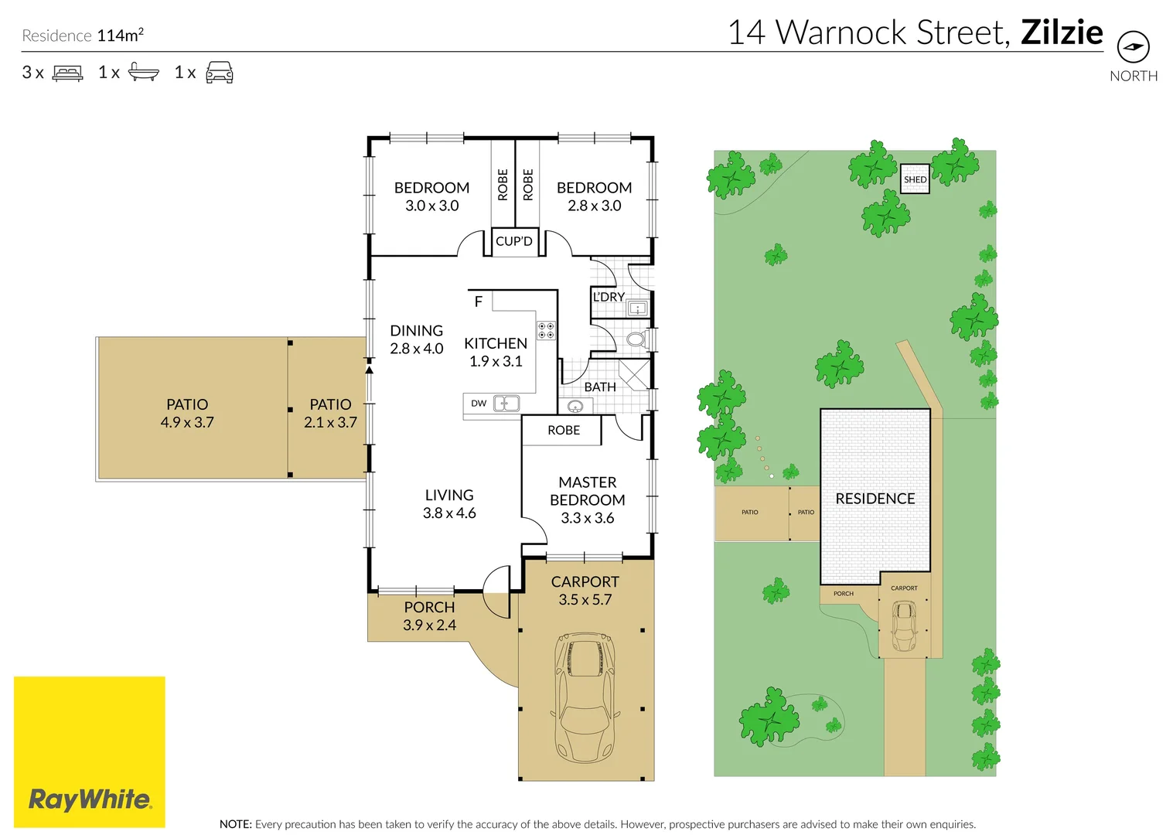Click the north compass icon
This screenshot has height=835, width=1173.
click(1133, 47)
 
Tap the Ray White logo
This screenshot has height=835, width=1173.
click(90, 798)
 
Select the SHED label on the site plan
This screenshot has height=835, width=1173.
click(915, 179)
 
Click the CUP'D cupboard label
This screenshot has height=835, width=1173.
click(514, 241)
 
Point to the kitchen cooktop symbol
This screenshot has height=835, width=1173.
click(546, 331)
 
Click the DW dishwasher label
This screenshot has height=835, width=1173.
click(479, 404)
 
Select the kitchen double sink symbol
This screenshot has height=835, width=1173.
click(506, 403)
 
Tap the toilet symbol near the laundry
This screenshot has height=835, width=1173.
click(636, 339)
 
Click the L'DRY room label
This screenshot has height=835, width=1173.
click(609, 297)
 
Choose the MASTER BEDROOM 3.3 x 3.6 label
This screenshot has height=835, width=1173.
click(588, 500)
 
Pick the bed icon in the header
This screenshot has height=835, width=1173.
click(67, 73)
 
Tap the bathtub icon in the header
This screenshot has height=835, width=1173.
click(143, 73)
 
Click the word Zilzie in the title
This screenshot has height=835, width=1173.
click(1061, 32)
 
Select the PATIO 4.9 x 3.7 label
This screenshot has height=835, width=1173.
click(187, 414)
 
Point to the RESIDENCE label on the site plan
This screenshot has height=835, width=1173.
click(875, 499)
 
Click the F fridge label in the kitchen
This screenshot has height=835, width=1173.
click(478, 302)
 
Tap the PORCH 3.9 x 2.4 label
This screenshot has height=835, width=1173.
click(429, 616)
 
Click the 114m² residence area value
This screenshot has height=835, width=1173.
click(120, 35)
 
